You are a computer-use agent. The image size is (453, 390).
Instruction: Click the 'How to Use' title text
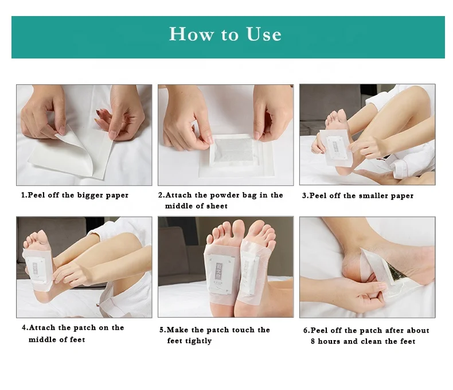click(225, 34)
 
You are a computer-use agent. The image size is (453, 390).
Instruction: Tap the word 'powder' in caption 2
click(215, 196)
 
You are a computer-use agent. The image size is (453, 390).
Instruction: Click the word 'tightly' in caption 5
click(198, 341)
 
